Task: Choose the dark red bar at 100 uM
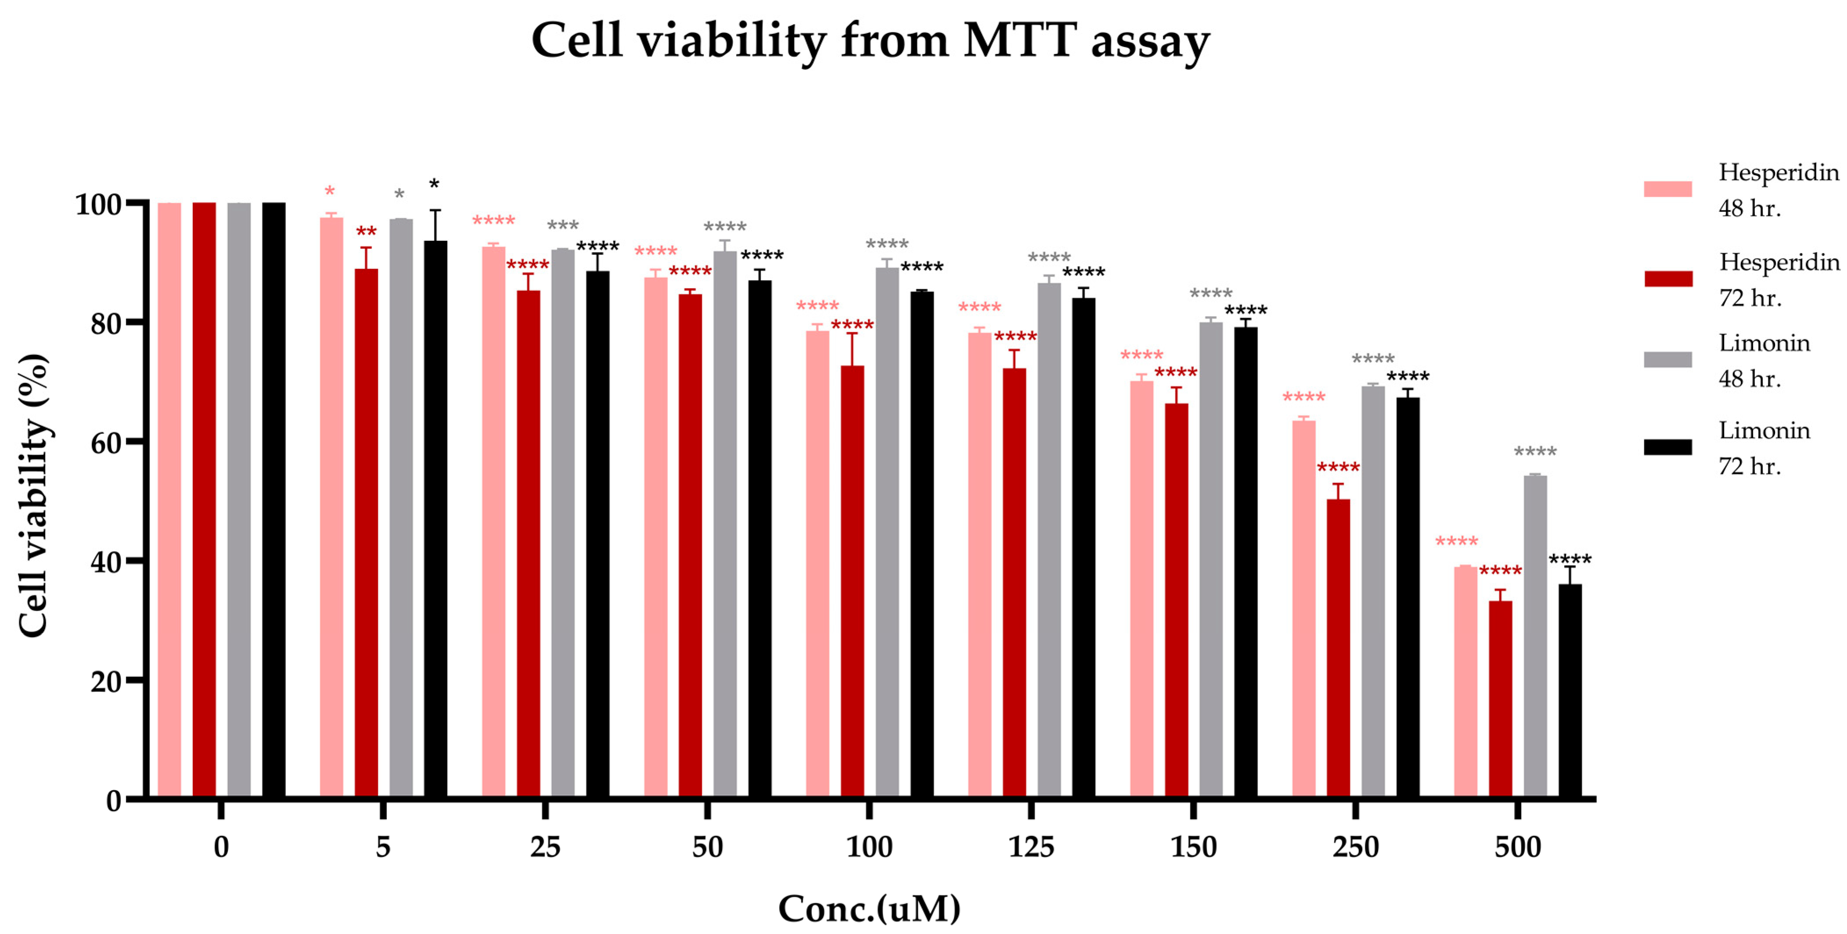click(852, 580)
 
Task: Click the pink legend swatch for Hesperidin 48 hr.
click(1668, 189)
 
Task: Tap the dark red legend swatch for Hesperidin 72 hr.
click(1668, 279)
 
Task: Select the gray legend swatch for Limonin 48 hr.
click(1668, 360)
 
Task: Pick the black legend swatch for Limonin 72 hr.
click(1668, 447)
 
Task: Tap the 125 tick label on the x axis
click(1031, 847)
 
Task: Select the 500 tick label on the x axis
click(1517, 847)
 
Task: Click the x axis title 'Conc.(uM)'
click(869, 909)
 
